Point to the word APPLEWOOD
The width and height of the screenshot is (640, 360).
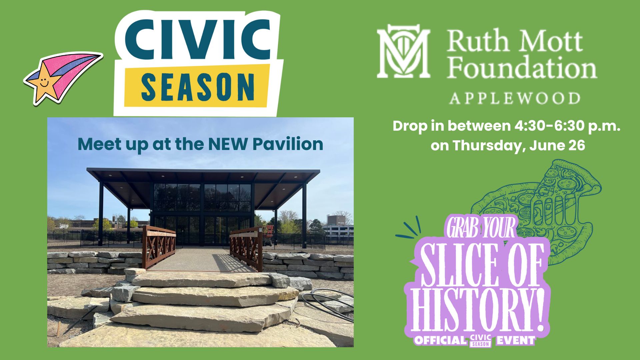[515, 98]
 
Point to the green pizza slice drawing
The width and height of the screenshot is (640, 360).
[537, 210]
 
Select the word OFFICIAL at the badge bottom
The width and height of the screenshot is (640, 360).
[440, 340]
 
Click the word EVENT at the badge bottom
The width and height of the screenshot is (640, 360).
[515, 340]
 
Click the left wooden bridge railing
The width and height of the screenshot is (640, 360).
[159, 247]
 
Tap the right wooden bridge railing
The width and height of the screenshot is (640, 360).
[246, 248]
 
